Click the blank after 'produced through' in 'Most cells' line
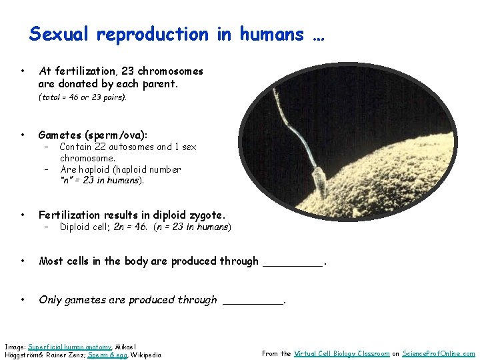tap(292, 262)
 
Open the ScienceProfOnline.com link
tap(439, 354)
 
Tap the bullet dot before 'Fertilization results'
tap(23, 215)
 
